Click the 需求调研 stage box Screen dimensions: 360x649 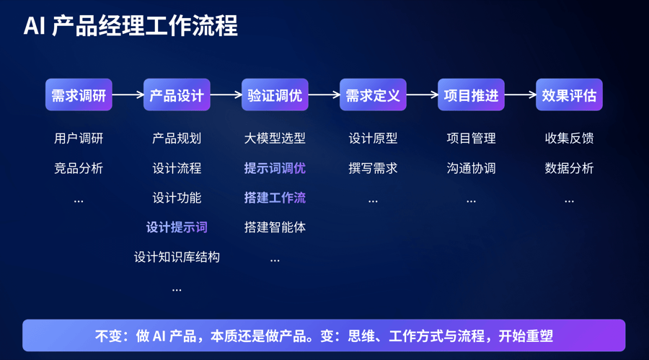pos(79,95)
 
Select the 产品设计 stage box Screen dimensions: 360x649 pos(177,95)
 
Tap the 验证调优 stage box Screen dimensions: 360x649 pos(275,95)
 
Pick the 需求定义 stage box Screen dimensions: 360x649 pos(373,95)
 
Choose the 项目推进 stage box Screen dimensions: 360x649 pos(471,95)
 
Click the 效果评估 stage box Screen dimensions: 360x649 pos(569,95)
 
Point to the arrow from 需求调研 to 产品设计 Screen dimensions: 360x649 pos(128,95)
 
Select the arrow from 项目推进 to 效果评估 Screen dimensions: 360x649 pos(520,95)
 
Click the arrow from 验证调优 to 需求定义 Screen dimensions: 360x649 pos(324,95)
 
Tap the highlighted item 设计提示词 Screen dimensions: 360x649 pos(177,227)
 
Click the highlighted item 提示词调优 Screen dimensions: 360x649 pos(275,168)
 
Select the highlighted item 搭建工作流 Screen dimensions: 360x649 pos(275,198)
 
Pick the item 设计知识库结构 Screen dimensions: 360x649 pos(177,257)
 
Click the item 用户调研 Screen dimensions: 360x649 pos(79,139)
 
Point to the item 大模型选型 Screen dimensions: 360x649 pos(275,139)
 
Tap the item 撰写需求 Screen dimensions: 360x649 pos(373,168)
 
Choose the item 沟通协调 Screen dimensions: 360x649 pos(471,168)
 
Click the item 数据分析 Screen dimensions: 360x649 pos(569,168)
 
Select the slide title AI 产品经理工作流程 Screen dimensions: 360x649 pos(131,26)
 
